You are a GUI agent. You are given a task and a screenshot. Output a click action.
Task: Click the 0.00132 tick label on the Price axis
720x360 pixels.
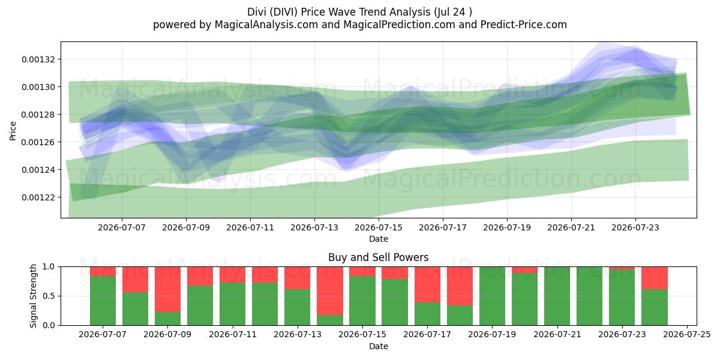(x=37, y=59)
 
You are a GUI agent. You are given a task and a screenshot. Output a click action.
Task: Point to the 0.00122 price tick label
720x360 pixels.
(x=37, y=197)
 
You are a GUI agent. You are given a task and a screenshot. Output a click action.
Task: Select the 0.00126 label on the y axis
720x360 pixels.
(x=37, y=142)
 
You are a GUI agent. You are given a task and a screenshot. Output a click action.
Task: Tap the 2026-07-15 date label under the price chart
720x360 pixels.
(x=379, y=227)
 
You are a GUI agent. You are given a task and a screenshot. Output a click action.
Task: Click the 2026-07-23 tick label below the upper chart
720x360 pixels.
(x=635, y=227)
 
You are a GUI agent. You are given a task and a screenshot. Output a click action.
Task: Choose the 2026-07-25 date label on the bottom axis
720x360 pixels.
(x=687, y=335)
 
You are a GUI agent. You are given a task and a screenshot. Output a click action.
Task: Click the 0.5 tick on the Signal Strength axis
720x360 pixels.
(x=49, y=296)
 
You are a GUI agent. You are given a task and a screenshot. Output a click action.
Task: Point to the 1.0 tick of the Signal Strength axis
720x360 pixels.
(x=49, y=267)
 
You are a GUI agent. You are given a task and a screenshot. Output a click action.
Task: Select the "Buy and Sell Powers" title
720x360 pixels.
(x=379, y=257)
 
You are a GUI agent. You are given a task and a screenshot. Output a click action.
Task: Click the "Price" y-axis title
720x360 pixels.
(x=13, y=131)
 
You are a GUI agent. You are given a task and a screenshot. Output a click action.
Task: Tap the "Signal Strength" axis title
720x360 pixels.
(x=33, y=296)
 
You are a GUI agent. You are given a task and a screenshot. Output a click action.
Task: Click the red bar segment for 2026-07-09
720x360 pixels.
(x=167, y=289)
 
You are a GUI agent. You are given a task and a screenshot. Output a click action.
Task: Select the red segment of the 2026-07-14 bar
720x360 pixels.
(x=330, y=291)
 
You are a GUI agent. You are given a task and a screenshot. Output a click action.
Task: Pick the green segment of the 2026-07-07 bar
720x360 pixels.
(x=103, y=301)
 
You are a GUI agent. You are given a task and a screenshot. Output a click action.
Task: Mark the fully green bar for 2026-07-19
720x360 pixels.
(x=492, y=296)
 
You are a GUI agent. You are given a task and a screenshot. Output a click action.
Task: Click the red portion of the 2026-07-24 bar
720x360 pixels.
(x=655, y=278)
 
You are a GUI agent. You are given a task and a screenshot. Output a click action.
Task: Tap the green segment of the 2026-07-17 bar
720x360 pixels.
(x=427, y=314)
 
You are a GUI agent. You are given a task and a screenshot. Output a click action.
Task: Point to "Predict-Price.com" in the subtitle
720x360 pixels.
(x=524, y=25)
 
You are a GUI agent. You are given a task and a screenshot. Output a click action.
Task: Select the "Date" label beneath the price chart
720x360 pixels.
(x=379, y=239)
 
